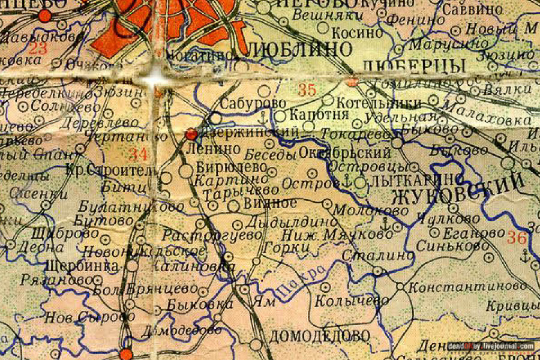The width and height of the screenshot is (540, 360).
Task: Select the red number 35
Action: [x=307, y=91]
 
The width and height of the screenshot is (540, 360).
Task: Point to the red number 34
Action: [x=138, y=154]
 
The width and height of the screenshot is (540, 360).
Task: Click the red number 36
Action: [x=517, y=237]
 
